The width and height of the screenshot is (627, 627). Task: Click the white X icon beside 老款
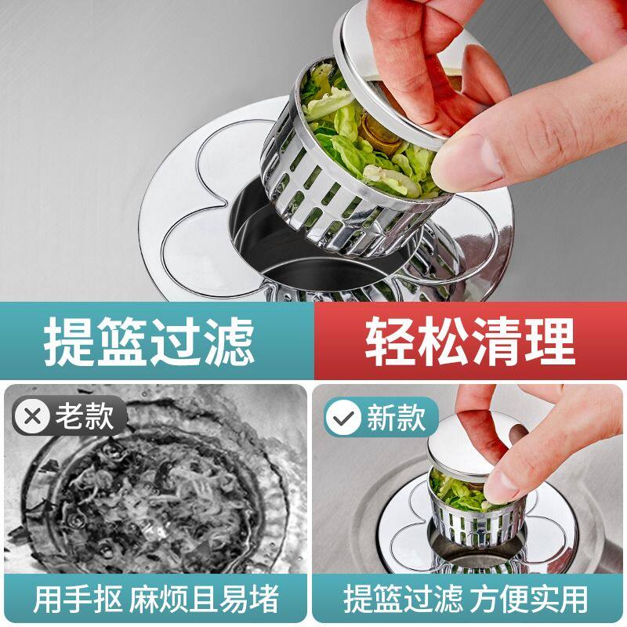32,417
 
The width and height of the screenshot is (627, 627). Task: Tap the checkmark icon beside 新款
343,418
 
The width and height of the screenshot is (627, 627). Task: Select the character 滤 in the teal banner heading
229,341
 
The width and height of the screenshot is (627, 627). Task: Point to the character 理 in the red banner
550,341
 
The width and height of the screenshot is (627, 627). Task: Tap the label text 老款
85,417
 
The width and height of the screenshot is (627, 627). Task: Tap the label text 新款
397,418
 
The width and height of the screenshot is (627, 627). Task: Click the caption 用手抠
78,599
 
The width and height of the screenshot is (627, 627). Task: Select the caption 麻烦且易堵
204,599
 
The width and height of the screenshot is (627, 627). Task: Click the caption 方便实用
528,599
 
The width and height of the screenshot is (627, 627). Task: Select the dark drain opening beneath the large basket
320,256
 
